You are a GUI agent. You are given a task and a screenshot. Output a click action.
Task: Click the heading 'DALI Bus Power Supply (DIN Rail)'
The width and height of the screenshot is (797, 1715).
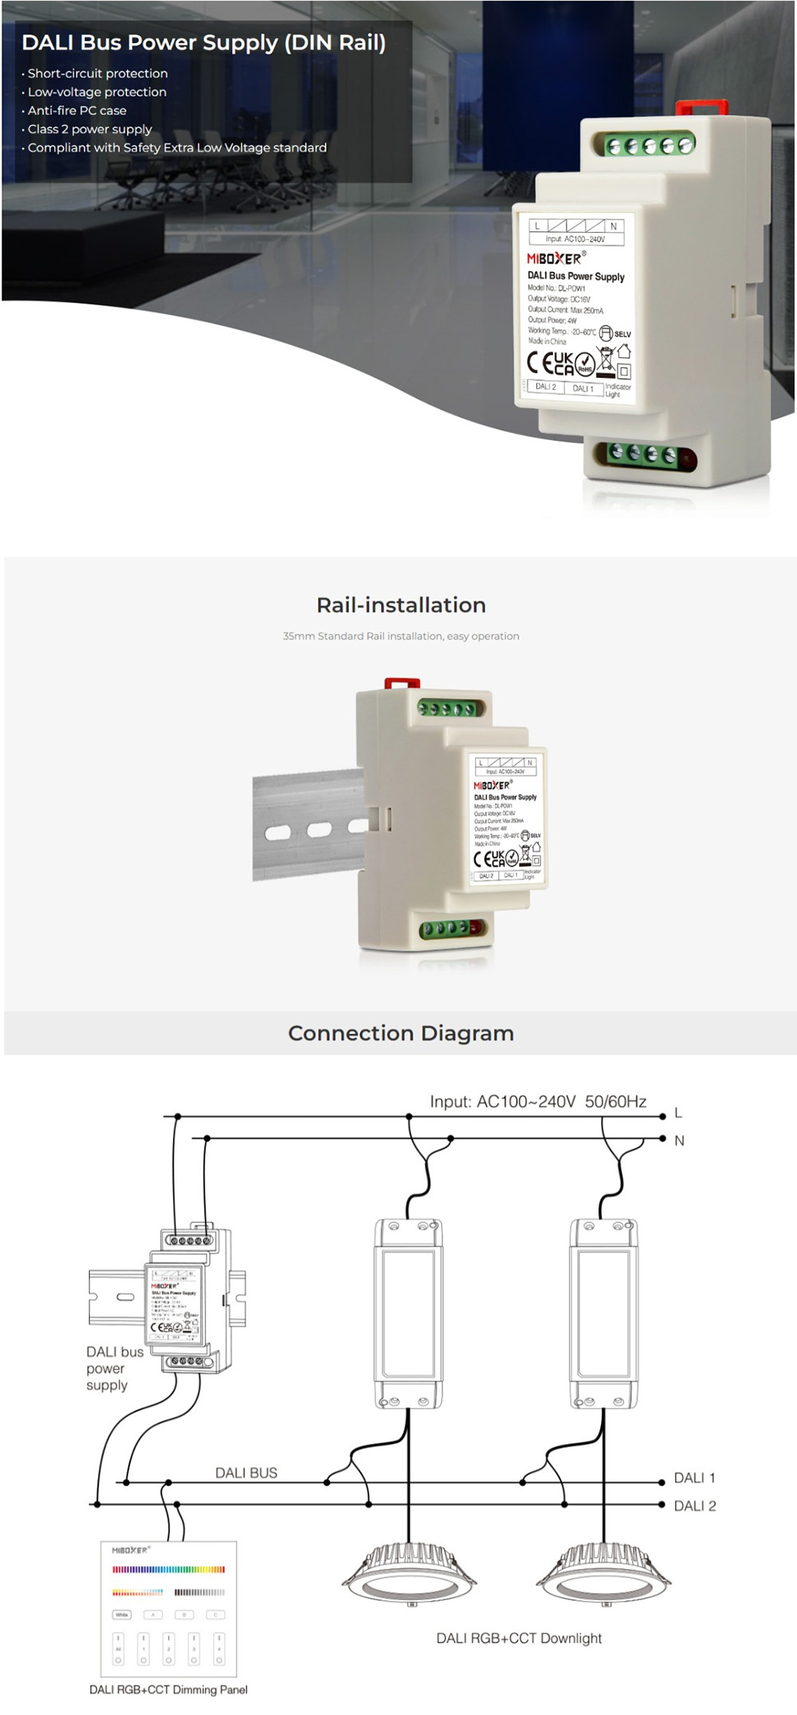point(203,43)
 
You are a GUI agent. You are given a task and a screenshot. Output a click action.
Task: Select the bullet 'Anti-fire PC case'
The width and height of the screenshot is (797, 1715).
point(77,111)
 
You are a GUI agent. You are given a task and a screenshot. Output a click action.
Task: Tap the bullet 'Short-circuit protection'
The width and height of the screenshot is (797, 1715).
point(97,73)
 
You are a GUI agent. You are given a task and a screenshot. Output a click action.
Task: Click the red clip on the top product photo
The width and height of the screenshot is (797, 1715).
point(701,109)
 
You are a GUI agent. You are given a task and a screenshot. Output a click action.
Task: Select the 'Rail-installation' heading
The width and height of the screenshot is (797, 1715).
point(401,605)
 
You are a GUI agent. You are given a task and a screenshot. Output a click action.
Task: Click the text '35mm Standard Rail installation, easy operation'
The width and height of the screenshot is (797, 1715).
point(401,636)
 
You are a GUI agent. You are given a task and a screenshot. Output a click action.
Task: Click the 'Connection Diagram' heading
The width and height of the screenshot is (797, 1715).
point(401,1033)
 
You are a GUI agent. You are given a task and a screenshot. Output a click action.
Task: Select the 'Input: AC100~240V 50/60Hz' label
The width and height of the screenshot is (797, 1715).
point(538,1102)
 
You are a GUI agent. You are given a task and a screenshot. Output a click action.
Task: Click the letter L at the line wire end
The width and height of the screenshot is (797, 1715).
point(678,1113)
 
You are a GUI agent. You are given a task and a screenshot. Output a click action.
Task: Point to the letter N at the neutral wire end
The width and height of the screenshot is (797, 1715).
point(679,1141)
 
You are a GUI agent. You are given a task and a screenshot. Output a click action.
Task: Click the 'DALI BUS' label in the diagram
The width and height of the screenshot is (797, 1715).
point(246,1473)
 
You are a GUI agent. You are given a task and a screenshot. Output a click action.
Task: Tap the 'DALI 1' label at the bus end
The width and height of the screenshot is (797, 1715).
point(694,1478)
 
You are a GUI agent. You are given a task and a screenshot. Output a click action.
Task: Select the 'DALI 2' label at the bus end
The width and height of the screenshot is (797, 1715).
point(694,1506)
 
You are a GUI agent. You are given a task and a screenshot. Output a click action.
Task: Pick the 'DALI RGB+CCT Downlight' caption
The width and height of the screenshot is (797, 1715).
point(519,1638)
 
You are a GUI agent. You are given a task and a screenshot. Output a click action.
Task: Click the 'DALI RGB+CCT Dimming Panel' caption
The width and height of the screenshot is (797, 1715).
point(168,1689)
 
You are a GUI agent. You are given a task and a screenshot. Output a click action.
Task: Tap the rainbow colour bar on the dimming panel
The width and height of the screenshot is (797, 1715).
point(168,1569)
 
